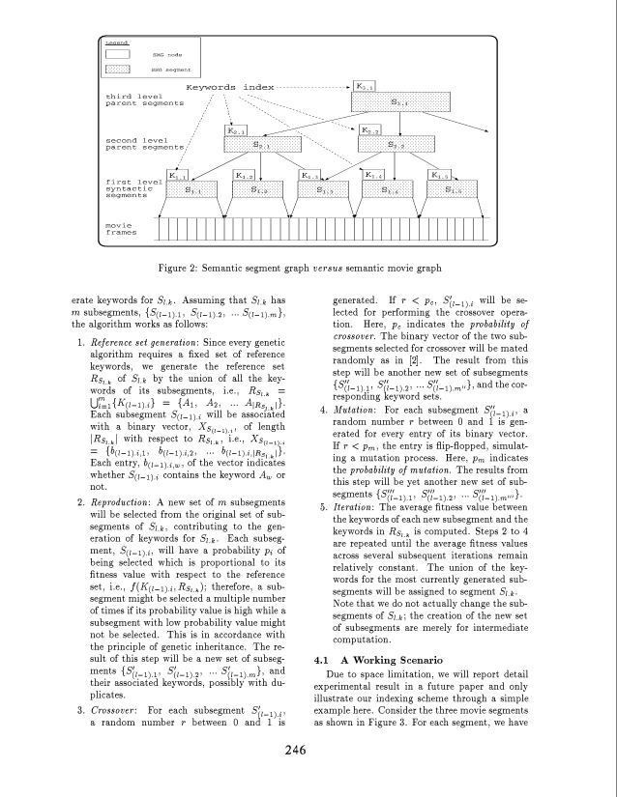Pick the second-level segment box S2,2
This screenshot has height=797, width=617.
pyautogui.click(x=397, y=145)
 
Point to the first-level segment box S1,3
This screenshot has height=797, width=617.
pyautogui.click(x=325, y=190)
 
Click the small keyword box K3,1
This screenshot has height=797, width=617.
pyautogui.click(x=366, y=87)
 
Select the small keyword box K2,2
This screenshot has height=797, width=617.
pyautogui.click(x=369, y=130)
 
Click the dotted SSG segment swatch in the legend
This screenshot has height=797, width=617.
pyautogui.click(x=117, y=70)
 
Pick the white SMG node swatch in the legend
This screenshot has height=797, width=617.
pyautogui.click(x=117, y=54)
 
